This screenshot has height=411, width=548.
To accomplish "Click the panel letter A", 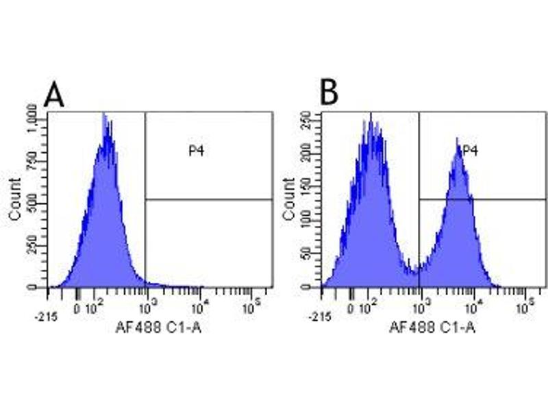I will coord(54,95).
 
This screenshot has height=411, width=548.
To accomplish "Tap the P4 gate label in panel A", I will coord(197,151).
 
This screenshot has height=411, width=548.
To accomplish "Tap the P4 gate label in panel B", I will coord(469,151).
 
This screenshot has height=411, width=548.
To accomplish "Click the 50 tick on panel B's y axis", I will coord(314,254).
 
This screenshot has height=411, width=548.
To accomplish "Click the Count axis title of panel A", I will coord(16,199).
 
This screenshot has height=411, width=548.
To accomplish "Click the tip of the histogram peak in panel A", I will coord(104,115).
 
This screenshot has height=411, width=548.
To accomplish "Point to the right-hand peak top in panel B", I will coord(458,139).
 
